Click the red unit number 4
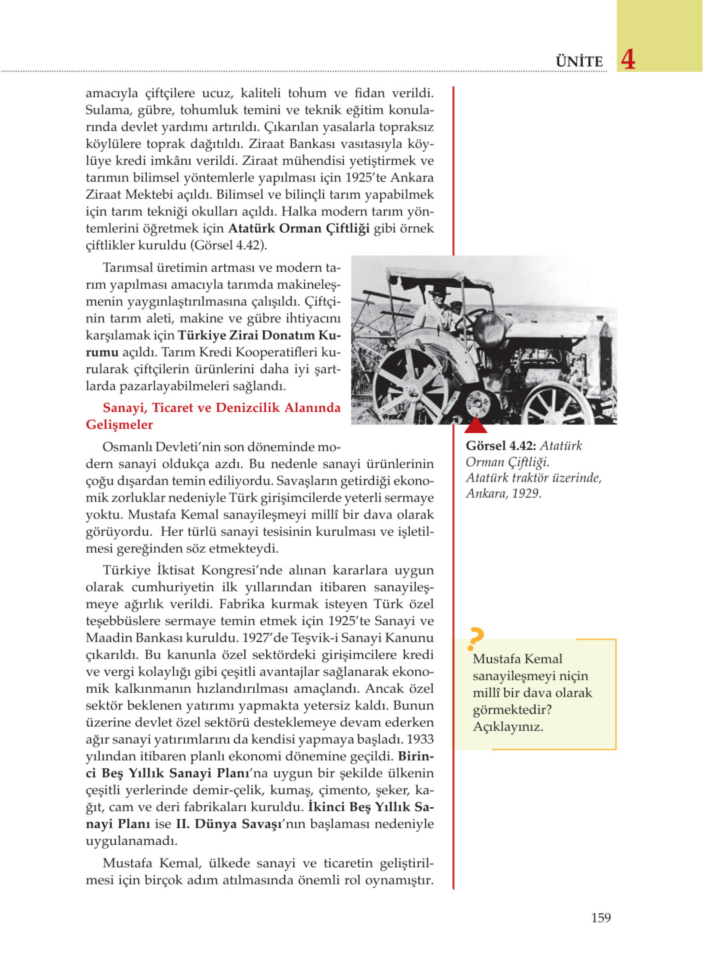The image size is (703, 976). tap(628, 60)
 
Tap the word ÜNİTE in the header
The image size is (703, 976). tap(579, 62)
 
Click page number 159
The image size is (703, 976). tap(601, 918)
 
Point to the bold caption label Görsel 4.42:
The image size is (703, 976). tap(501, 446)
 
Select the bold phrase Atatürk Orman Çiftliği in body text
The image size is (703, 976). tap(299, 229)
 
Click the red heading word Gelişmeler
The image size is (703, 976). tap(119, 425)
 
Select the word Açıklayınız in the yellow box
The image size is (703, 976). tap(508, 727)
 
